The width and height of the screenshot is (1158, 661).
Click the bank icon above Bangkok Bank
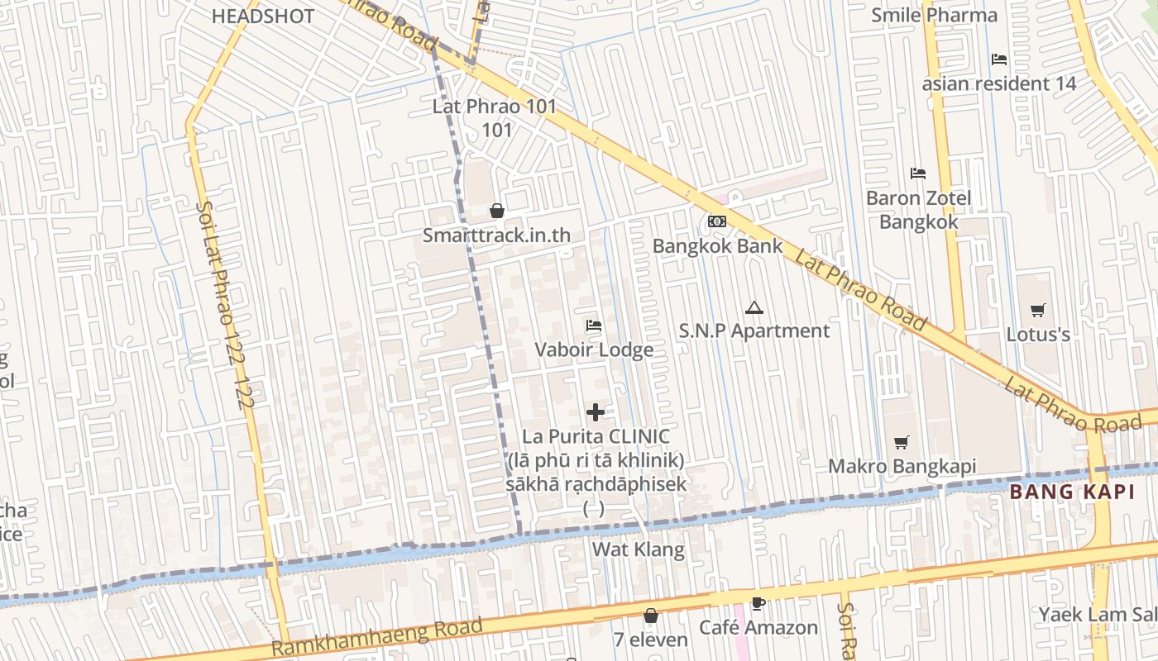[x=717, y=221]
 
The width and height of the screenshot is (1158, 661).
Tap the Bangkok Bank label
[x=717, y=245]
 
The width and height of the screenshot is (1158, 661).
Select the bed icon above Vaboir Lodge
[x=593, y=326]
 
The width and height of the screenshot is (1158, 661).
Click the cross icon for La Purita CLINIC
[x=596, y=411]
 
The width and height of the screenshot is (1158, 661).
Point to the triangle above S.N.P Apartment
[x=753, y=308]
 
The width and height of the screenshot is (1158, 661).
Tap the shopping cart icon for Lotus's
[x=1038, y=311]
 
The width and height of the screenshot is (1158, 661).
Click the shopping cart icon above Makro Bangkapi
[x=902, y=443]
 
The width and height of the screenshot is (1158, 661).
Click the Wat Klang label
[x=639, y=549]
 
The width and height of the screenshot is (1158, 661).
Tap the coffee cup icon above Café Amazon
[x=758, y=603]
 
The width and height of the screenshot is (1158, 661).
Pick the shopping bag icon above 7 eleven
[x=651, y=616]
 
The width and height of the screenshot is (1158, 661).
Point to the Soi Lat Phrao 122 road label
[x=225, y=306]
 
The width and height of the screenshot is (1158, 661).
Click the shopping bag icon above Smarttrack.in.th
[x=497, y=211]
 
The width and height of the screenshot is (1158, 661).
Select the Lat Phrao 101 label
[x=495, y=107]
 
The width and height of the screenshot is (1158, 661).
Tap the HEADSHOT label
[x=263, y=16]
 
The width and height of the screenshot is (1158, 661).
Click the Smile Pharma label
[x=934, y=15]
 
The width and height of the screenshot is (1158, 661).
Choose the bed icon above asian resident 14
[x=999, y=59]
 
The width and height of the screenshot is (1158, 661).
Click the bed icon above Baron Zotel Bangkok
[x=918, y=174]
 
